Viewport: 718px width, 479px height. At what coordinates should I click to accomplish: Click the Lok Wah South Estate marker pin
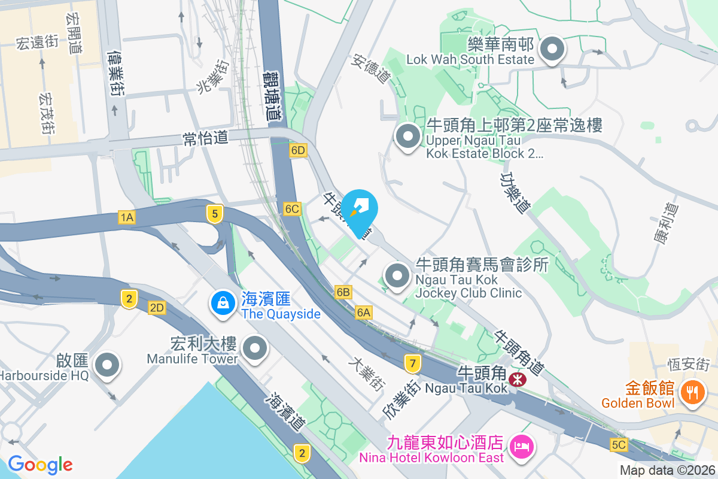pyautogui.click(x=552, y=50)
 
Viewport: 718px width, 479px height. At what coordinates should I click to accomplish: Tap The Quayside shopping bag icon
pyautogui.click(x=223, y=303)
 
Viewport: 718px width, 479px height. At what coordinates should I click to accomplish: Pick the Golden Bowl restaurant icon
pyautogui.click(x=692, y=392)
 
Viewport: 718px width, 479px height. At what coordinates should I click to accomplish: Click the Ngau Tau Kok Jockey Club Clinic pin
pyautogui.click(x=397, y=276)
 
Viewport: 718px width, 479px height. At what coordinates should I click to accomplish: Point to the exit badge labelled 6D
pyautogui.click(x=297, y=150)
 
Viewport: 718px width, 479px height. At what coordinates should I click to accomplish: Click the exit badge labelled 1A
pyautogui.click(x=126, y=217)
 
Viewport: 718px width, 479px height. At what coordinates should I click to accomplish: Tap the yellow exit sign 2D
pyautogui.click(x=157, y=308)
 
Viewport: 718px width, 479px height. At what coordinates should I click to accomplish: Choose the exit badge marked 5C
pyautogui.click(x=619, y=445)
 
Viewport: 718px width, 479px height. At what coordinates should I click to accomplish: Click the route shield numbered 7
pyautogui.click(x=412, y=363)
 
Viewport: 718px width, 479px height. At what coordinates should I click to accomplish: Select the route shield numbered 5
pyautogui.click(x=214, y=213)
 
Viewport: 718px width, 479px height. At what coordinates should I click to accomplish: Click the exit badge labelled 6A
pyautogui.click(x=364, y=312)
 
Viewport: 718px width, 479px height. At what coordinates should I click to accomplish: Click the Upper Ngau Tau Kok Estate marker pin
pyautogui.click(x=408, y=137)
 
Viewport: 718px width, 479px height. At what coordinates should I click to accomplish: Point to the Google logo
pyautogui.click(x=40, y=465)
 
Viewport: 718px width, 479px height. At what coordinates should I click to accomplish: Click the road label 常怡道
pyautogui.click(x=205, y=138)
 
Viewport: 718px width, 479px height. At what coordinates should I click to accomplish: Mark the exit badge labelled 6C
pyautogui.click(x=292, y=209)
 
